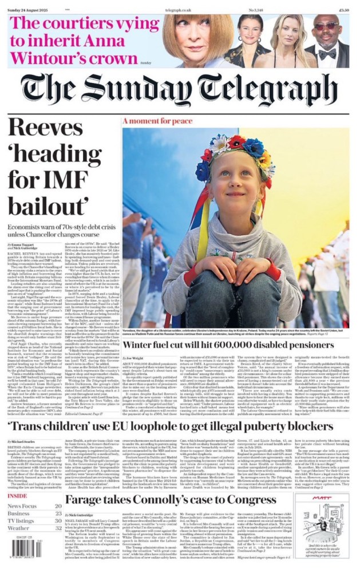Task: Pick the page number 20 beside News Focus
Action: click(58, 506)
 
